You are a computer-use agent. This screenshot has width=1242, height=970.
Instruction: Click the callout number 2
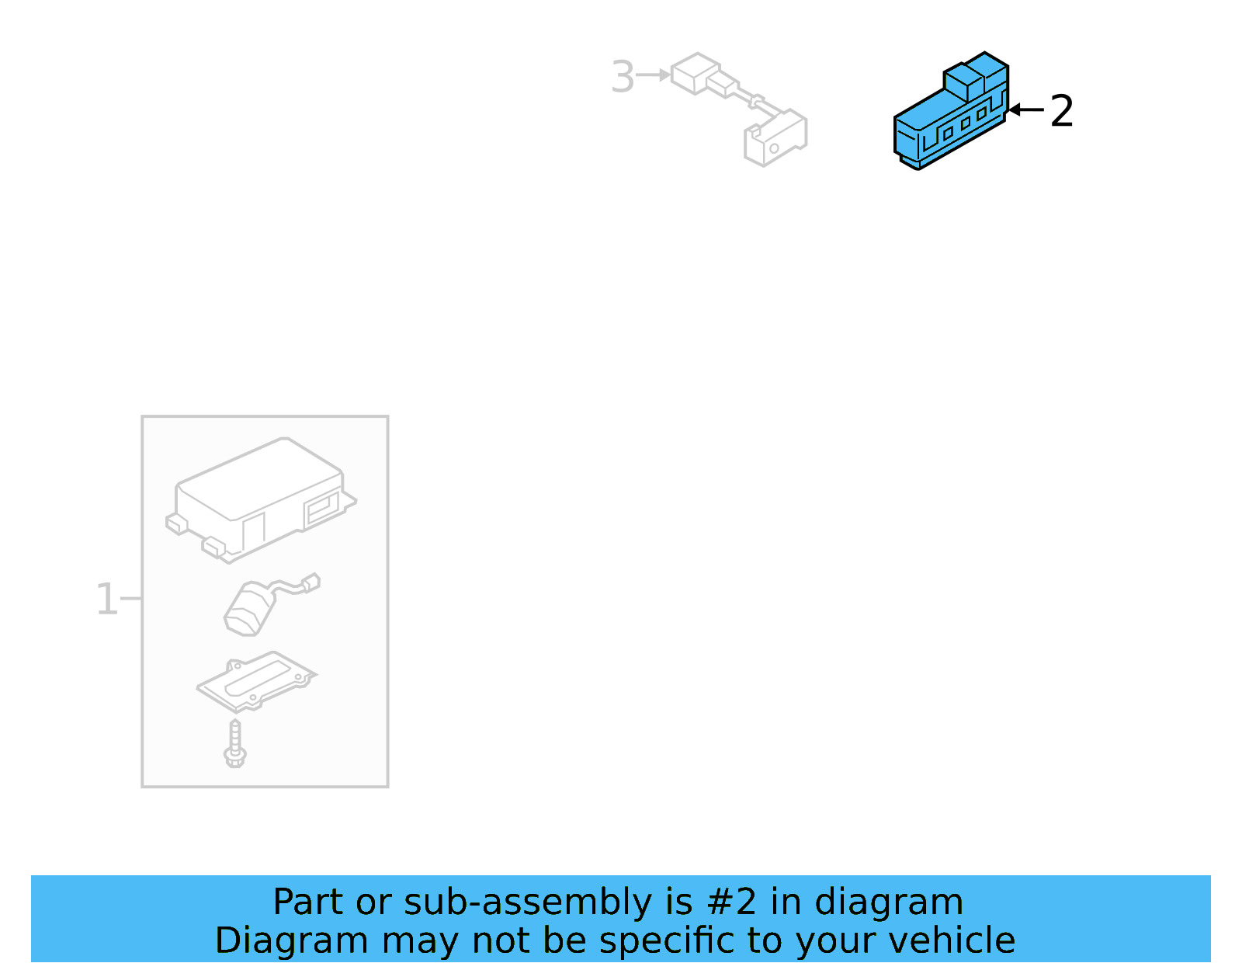(1061, 111)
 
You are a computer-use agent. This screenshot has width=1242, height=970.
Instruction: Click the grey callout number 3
(623, 77)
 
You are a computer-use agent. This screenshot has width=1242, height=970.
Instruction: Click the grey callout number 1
(106, 600)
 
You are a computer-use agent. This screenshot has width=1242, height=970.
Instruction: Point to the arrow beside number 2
(1025, 110)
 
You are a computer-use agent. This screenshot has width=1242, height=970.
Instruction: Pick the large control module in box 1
(260, 497)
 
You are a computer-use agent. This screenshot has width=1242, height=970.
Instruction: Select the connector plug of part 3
(696, 73)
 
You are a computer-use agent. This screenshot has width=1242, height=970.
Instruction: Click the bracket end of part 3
(775, 138)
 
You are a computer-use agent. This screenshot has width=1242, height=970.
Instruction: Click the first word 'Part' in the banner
(308, 902)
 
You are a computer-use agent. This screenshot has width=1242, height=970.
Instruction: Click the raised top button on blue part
(975, 76)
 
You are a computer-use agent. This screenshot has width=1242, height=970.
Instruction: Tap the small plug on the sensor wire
(311, 582)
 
